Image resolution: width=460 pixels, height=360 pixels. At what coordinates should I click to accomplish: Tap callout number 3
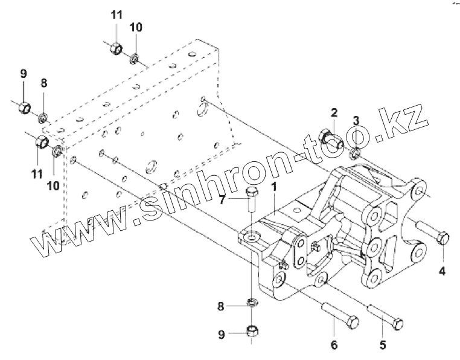point(356,121)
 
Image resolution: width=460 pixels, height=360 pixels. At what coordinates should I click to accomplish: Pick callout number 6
point(333,347)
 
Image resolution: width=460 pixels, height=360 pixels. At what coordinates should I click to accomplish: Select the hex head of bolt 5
point(398,324)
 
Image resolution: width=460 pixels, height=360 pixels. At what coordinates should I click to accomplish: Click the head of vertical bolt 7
point(252,193)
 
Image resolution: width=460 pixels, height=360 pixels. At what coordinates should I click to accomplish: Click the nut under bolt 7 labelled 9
point(252,331)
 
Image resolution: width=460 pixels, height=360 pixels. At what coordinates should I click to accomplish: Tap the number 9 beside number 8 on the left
point(24,74)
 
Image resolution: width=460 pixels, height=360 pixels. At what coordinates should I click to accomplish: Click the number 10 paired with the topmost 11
point(136,28)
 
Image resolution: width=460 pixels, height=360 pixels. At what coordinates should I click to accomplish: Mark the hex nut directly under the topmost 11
point(118,48)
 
